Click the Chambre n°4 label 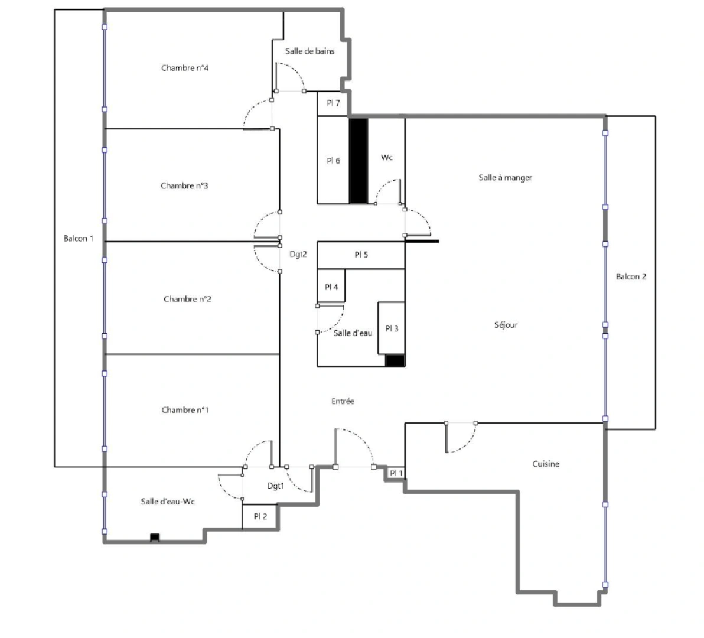pyautogui.click(x=185, y=68)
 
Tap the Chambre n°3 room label pyautogui.click(x=184, y=185)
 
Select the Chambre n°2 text pyautogui.click(x=187, y=299)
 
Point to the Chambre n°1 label pyautogui.click(x=185, y=409)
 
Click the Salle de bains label pyautogui.click(x=309, y=51)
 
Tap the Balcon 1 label pyautogui.click(x=79, y=239)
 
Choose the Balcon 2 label pyautogui.click(x=631, y=276)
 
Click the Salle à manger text pyautogui.click(x=505, y=177)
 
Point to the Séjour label pyautogui.click(x=506, y=324)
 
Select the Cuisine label pyautogui.click(x=546, y=464)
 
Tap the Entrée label pyautogui.click(x=343, y=401)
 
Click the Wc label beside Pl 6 pyautogui.click(x=387, y=158)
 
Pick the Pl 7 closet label pyautogui.click(x=333, y=103)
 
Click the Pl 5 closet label pyautogui.click(x=361, y=255)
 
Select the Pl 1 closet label pyautogui.click(x=396, y=473)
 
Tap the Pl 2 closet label pyautogui.click(x=260, y=516)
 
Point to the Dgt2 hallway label pyautogui.click(x=298, y=255)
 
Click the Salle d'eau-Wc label pyautogui.click(x=168, y=502)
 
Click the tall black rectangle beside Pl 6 pyautogui.click(x=358, y=161)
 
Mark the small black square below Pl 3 pyautogui.click(x=395, y=360)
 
